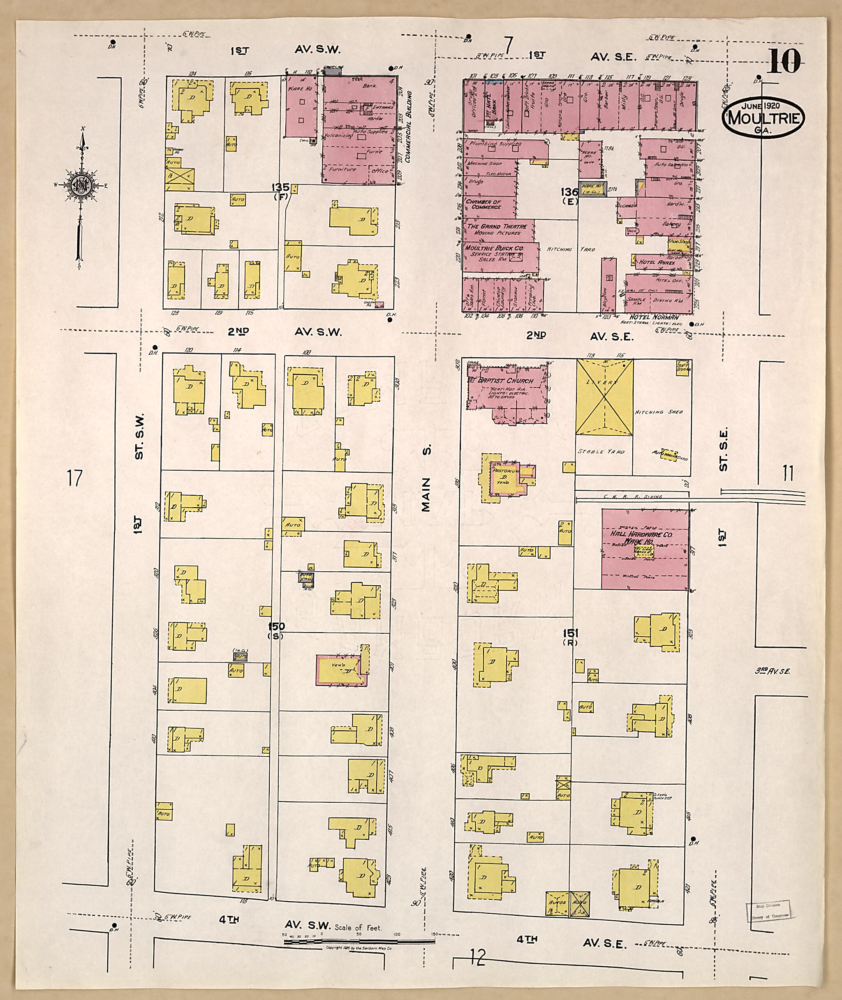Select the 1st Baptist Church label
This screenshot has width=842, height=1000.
[x=500, y=381]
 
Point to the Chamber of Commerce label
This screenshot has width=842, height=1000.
[x=483, y=204]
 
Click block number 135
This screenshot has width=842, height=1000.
[x=281, y=187]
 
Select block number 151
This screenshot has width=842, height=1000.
[x=570, y=634]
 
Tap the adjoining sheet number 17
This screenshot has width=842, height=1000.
[x=74, y=478]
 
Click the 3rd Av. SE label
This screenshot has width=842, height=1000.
[x=772, y=671]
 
